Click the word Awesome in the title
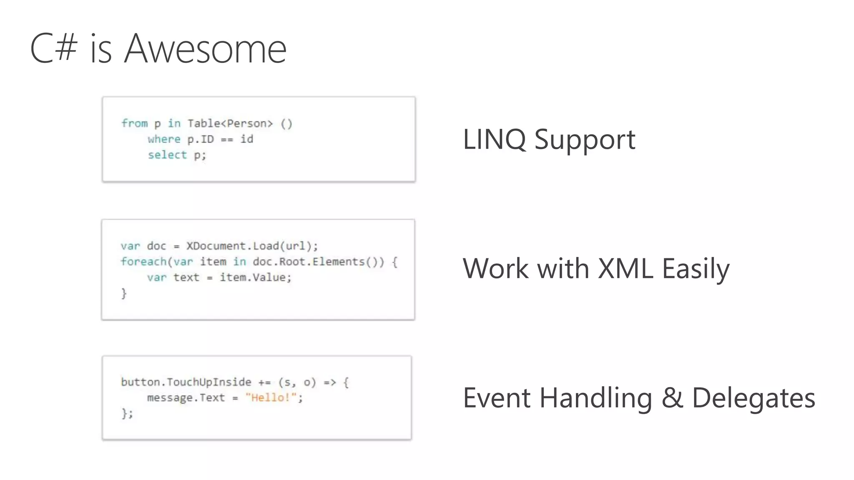pyautogui.click(x=205, y=49)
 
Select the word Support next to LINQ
pyautogui.click(x=585, y=140)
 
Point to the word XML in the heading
pyautogui.click(x=625, y=268)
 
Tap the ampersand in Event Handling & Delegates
pyautogui.click(x=672, y=398)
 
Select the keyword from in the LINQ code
pyautogui.click(x=135, y=123)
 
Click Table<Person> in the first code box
pyautogui.click(x=230, y=123)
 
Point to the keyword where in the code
pyautogui.click(x=164, y=139)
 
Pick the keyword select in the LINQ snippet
pyautogui.click(x=167, y=155)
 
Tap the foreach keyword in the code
pyautogui.click(x=143, y=262)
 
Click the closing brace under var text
pyautogui.click(x=124, y=293)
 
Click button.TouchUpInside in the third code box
pyautogui.click(x=186, y=382)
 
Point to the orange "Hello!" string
pyautogui.click(x=271, y=398)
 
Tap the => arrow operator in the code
pyautogui.click(x=330, y=382)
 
